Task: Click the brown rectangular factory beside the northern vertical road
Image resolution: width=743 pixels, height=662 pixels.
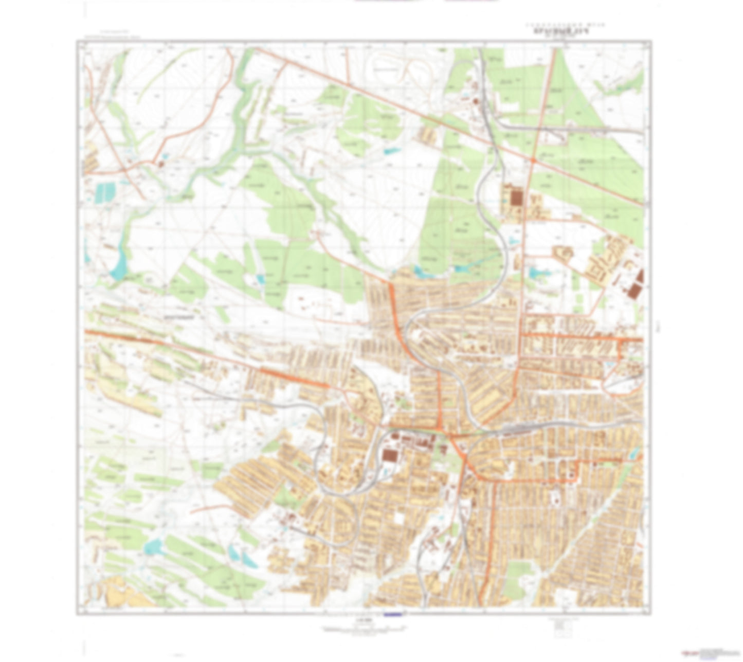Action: coord(516,199)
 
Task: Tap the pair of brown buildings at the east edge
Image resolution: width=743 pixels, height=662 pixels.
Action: coord(636,285)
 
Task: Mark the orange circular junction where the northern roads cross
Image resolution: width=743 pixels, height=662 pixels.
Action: coord(534,161)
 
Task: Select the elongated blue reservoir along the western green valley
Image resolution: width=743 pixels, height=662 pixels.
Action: coord(120,262)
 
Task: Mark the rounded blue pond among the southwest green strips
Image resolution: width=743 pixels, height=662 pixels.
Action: coord(154,547)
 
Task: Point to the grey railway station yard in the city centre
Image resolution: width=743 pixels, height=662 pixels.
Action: coord(519,427)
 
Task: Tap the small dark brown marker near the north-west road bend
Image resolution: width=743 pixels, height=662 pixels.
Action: coord(161,164)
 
